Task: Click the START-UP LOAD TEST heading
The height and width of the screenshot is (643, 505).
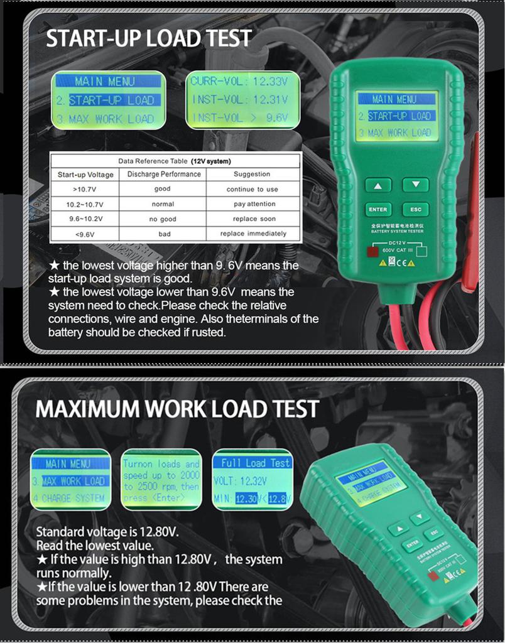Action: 149,38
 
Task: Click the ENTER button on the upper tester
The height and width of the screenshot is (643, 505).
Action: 378,210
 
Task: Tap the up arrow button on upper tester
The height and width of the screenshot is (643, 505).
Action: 378,185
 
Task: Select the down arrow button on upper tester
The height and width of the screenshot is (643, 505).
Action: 415,185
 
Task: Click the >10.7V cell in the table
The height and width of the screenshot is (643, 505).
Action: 85,189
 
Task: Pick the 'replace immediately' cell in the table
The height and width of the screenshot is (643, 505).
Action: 253,234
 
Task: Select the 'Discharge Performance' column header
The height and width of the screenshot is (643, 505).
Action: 163,174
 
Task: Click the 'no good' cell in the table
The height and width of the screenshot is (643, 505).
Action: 163,219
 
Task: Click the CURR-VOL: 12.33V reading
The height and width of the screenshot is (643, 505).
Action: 240,82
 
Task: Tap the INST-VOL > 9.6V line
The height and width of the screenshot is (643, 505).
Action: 240,117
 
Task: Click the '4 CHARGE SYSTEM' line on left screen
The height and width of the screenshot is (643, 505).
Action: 70,499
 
